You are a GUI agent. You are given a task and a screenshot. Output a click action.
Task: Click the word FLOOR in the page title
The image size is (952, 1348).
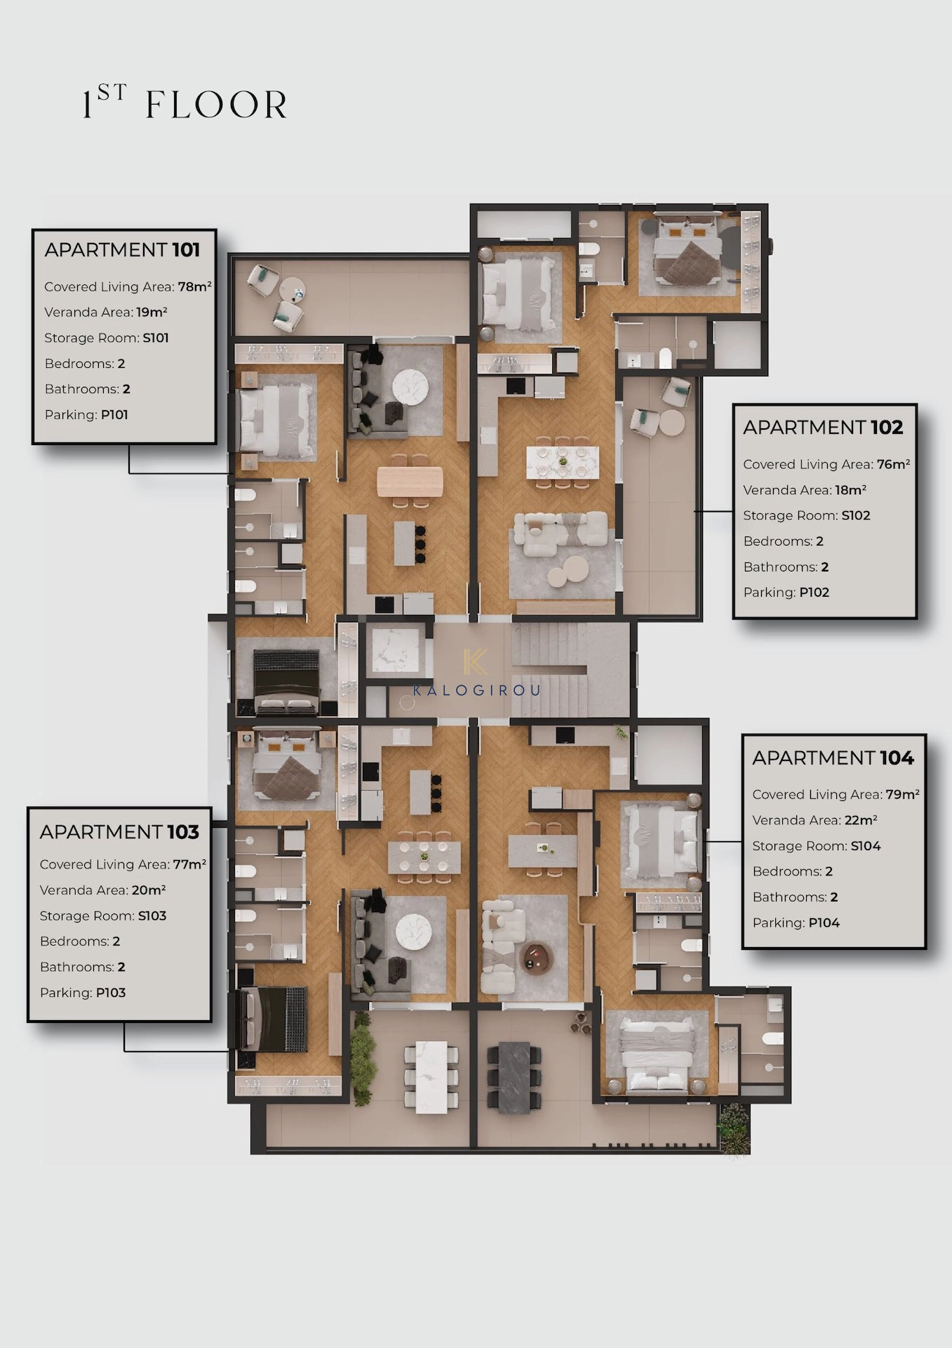pyautogui.click(x=216, y=105)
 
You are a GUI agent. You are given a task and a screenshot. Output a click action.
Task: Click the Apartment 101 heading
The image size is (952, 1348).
pyautogui.click(x=122, y=250)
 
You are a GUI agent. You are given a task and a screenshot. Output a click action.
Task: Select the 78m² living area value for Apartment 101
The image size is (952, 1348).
pyautogui.click(x=194, y=286)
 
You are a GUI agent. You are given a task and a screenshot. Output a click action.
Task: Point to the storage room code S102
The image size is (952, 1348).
pyautogui.click(x=855, y=515)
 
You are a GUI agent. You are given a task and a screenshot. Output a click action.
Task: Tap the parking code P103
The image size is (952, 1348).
pyautogui.click(x=111, y=993)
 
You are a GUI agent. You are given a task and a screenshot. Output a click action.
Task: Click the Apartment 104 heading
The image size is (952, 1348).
pyautogui.click(x=833, y=758)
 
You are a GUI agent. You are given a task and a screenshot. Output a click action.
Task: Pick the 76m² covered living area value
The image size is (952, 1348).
pyautogui.click(x=893, y=464)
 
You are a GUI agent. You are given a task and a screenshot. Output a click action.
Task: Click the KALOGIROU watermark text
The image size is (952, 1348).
pyautogui.click(x=476, y=690)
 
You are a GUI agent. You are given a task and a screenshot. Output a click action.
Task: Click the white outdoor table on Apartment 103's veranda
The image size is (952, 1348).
pyautogui.click(x=431, y=1076)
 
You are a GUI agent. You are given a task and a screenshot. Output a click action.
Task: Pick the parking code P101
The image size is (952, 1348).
pyautogui.click(x=114, y=415)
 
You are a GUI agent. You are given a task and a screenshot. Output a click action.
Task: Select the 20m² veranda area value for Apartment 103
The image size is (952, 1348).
pyautogui.click(x=149, y=890)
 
